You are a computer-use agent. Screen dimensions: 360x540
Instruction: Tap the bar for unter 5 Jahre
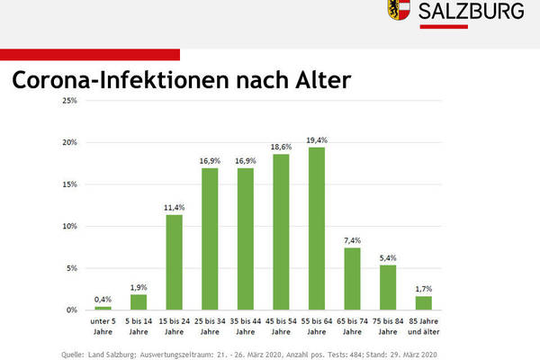103,308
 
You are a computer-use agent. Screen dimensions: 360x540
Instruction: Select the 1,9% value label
137,285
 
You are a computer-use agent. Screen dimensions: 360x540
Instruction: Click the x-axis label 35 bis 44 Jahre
246,326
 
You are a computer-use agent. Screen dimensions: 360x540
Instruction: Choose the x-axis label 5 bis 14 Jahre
137,326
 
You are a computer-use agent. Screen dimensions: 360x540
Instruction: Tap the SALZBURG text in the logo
472,12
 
